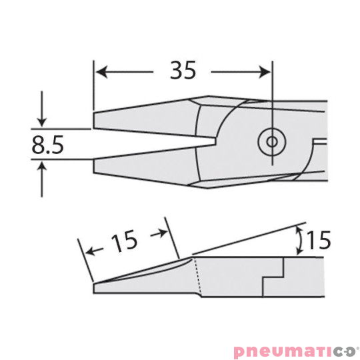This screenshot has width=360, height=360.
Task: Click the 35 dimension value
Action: pyautogui.click(x=183, y=70)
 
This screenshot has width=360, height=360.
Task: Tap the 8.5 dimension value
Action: pyautogui.click(x=47, y=144)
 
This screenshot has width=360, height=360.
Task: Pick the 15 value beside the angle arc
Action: pyautogui.click(x=320, y=240)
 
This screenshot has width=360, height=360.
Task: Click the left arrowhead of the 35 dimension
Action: pyautogui.click(x=101, y=69)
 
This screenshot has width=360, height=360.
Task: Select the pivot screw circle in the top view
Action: pyautogui.click(x=271, y=141)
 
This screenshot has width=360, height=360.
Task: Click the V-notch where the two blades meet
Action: pyautogui.click(x=215, y=141)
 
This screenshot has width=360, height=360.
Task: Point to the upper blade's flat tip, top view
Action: pyautogui.click(x=95, y=120)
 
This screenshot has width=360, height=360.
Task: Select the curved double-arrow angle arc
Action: pyautogui.click(x=299, y=239)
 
